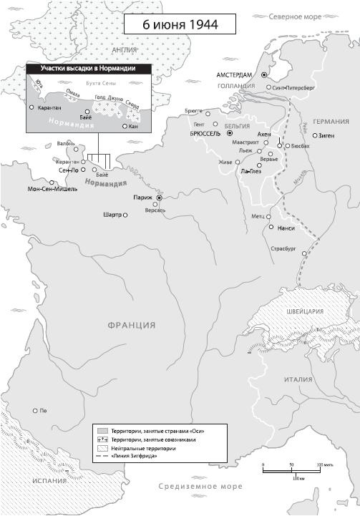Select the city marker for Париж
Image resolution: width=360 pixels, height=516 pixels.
point(160,198)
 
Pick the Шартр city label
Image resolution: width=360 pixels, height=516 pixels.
point(112,215)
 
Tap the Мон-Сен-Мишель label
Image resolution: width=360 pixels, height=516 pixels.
point(52,189)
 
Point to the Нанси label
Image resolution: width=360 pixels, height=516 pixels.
point(286,228)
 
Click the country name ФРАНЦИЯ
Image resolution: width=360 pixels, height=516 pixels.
point(132,325)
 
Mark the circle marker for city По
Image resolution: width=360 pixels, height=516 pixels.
point(35,411)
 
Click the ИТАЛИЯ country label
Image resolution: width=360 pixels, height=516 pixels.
point(298,379)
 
